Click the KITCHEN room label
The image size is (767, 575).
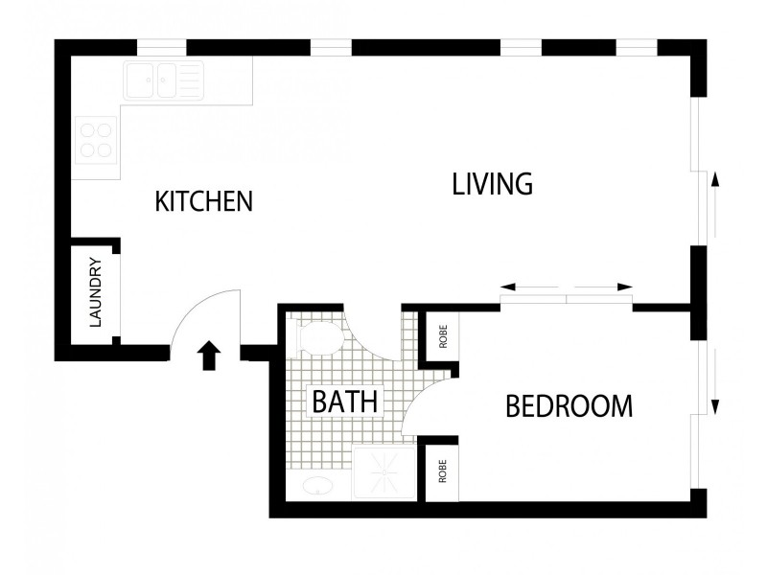[x=203, y=201]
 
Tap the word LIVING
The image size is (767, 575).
[x=492, y=184]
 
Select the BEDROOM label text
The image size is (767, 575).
[x=569, y=406]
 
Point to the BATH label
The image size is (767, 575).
[x=345, y=401]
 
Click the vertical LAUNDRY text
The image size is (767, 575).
[x=96, y=292]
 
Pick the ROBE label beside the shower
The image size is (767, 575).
[x=443, y=471]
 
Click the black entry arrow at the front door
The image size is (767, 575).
[x=209, y=356]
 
